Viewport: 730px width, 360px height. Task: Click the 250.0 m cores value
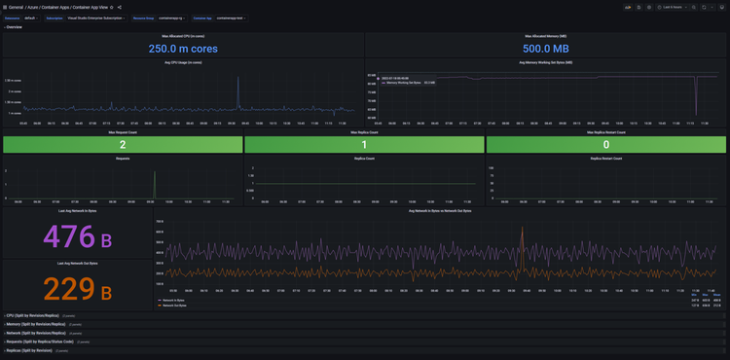click(184, 48)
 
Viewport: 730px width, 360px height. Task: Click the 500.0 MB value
click(545, 48)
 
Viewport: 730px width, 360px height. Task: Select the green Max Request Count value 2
click(122, 144)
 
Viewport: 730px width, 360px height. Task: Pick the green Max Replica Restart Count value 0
click(605, 144)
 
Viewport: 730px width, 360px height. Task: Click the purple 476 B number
click(77, 236)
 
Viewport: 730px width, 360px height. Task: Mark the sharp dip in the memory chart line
click(696, 102)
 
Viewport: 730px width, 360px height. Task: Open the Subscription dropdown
click(96, 18)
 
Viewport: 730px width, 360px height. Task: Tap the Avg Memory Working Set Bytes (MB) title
click(545, 62)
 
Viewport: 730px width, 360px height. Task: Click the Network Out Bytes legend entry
click(174, 306)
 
